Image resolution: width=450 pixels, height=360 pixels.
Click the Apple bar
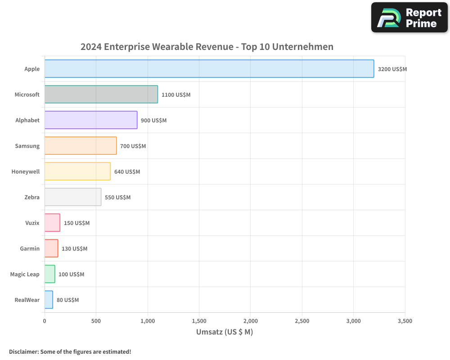click(209, 69)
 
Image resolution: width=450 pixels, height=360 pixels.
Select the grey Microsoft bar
click(101, 94)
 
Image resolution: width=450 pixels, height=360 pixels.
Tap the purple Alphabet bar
click(91, 120)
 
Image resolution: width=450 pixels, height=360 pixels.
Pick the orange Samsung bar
click(81, 146)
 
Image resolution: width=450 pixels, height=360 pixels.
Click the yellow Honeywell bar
click(77, 171)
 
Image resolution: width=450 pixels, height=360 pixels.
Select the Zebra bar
click(73, 197)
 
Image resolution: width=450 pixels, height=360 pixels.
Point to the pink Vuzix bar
click(52, 223)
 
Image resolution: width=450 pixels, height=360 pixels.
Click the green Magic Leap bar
click(49, 274)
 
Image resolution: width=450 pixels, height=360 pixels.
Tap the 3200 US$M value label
click(392, 69)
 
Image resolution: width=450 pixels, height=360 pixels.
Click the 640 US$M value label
click(127, 172)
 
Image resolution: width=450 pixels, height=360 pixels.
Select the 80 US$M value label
click(67, 300)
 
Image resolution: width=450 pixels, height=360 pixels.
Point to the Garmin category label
click(30, 248)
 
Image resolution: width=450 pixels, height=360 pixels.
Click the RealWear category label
click(27, 300)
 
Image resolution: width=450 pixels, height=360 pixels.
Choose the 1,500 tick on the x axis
click(199, 321)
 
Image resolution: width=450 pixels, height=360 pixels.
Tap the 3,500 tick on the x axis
click(405, 321)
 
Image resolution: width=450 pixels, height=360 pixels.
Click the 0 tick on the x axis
click(45, 321)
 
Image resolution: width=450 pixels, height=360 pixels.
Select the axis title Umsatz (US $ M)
click(225, 332)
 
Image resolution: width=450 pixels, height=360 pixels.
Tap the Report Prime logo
click(409, 18)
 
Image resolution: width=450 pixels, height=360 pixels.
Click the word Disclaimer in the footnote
click(23, 352)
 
